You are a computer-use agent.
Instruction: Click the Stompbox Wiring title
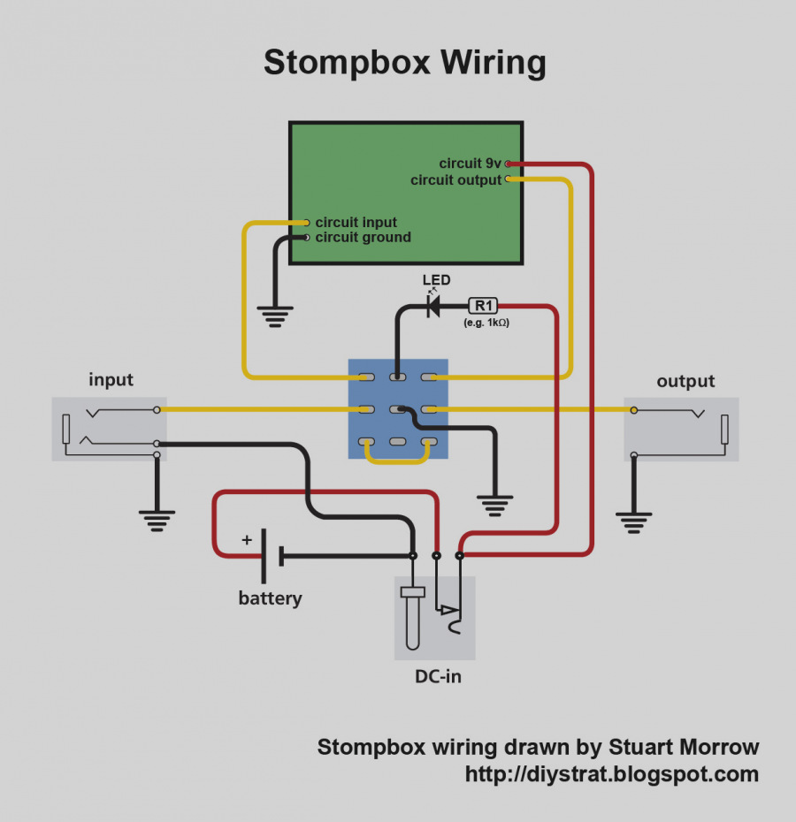[404, 63]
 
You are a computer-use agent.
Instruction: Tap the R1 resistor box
[483, 306]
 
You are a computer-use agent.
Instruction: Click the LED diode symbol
[433, 306]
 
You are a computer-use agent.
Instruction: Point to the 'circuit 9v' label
[470, 164]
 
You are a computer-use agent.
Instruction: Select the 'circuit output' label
[456, 179]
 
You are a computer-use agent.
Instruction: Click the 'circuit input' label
[356, 222]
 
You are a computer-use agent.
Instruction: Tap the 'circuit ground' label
[364, 237]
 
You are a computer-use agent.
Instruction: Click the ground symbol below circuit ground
[275, 316]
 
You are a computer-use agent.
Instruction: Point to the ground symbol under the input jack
[157, 521]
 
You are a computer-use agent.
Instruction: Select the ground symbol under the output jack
[634, 523]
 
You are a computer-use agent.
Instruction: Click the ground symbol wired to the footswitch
[494, 506]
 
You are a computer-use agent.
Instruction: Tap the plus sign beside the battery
[247, 539]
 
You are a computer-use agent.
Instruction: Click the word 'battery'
[271, 598]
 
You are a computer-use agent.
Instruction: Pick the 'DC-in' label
[438, 676]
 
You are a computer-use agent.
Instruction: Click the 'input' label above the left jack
[111, 379]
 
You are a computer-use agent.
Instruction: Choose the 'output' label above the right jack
[685, 381]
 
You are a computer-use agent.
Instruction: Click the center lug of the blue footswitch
[398, 409]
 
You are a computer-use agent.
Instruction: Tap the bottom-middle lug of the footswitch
[398, 442]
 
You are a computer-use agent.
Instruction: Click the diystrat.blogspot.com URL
[612, 774]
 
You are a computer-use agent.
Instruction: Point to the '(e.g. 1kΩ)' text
[486, 323]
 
